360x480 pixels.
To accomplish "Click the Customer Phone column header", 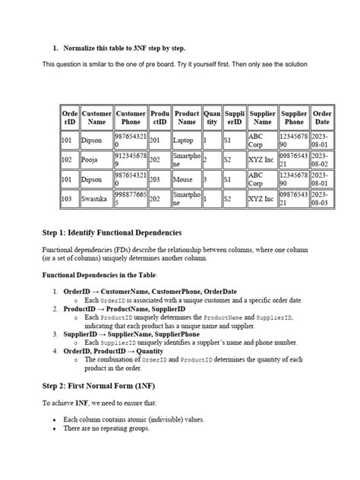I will coord(131,118).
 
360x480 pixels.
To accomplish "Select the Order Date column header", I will coord(322,118).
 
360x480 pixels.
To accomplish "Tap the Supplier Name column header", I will coord(263,118).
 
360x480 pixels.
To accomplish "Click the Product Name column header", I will coord(187,118).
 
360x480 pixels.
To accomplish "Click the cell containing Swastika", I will coord(96,199).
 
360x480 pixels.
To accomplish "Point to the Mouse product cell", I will coord(183,180).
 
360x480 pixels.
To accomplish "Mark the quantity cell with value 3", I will coord(205,180).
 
